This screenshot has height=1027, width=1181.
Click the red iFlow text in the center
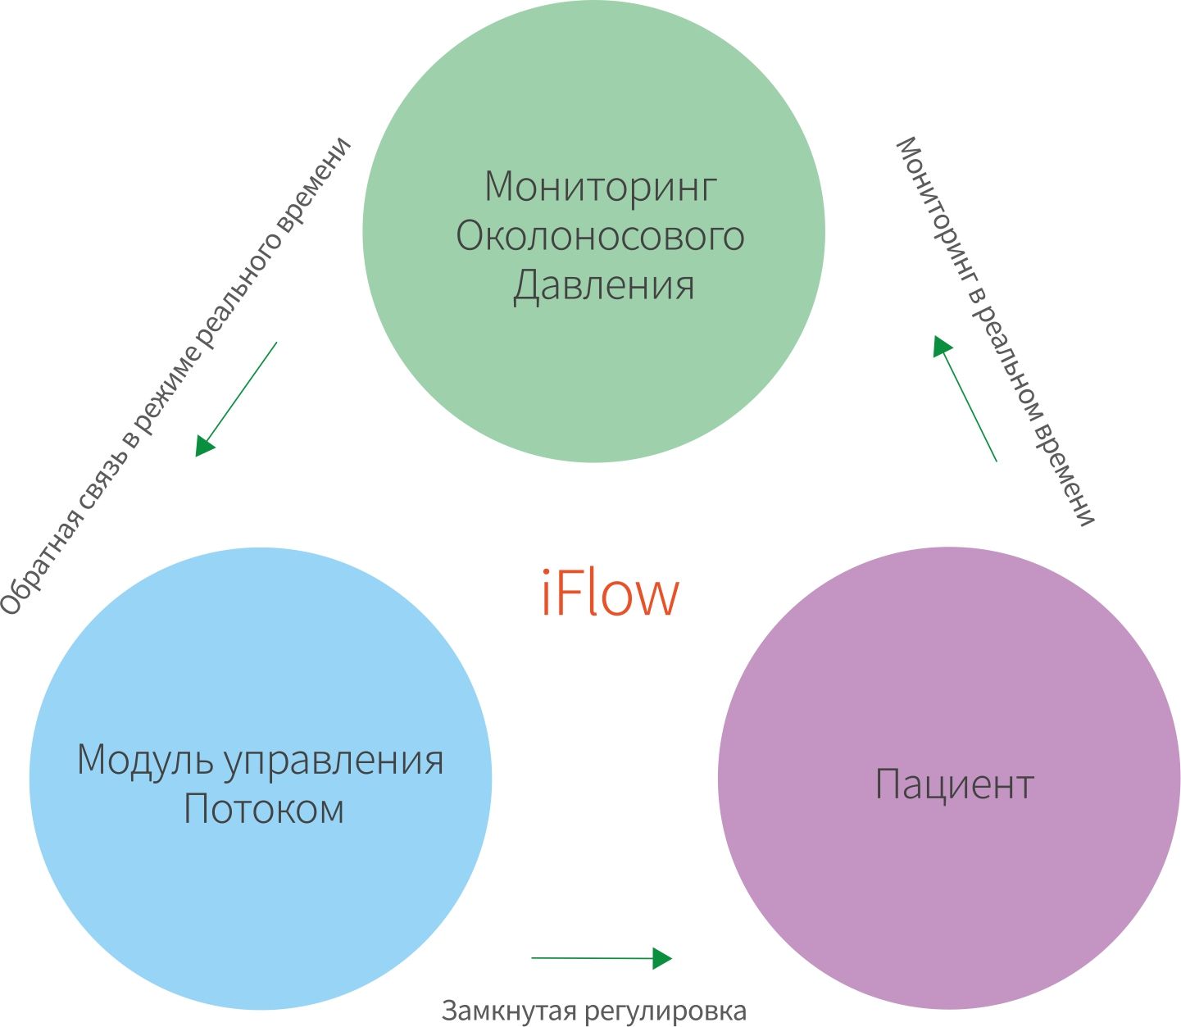click(611, 593)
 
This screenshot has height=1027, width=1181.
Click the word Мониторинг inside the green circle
click(600, 187)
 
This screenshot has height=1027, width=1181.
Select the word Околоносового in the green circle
click(600, 237)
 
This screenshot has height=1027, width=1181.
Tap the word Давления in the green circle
click(604, 286)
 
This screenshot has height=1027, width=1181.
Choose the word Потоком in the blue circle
click(264, 809)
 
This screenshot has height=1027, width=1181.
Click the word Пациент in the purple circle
click(954, 784)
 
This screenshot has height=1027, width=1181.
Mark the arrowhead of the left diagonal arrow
click(203, 445)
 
